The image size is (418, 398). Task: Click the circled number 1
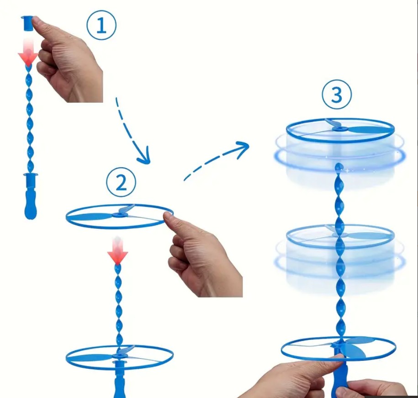[101, 26]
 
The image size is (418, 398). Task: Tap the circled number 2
[121, 182]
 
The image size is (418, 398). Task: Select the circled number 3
[337, 95]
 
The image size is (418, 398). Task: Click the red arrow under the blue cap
[28, 53]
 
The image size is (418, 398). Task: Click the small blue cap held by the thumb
[27, 23]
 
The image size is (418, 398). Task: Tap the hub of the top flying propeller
[340, 129]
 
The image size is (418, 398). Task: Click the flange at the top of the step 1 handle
[31, 175]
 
